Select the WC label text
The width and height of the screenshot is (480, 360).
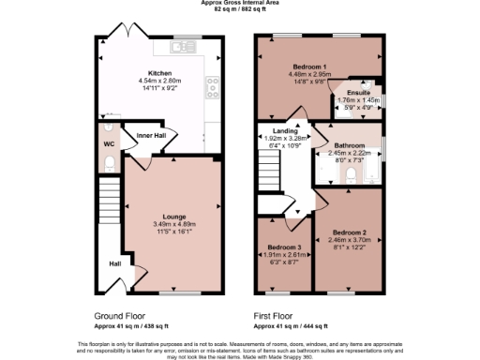[108, 144]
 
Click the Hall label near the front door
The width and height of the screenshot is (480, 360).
[115, 263]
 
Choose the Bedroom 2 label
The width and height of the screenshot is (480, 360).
[347, 231]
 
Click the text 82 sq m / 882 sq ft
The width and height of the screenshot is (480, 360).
[239, 8]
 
